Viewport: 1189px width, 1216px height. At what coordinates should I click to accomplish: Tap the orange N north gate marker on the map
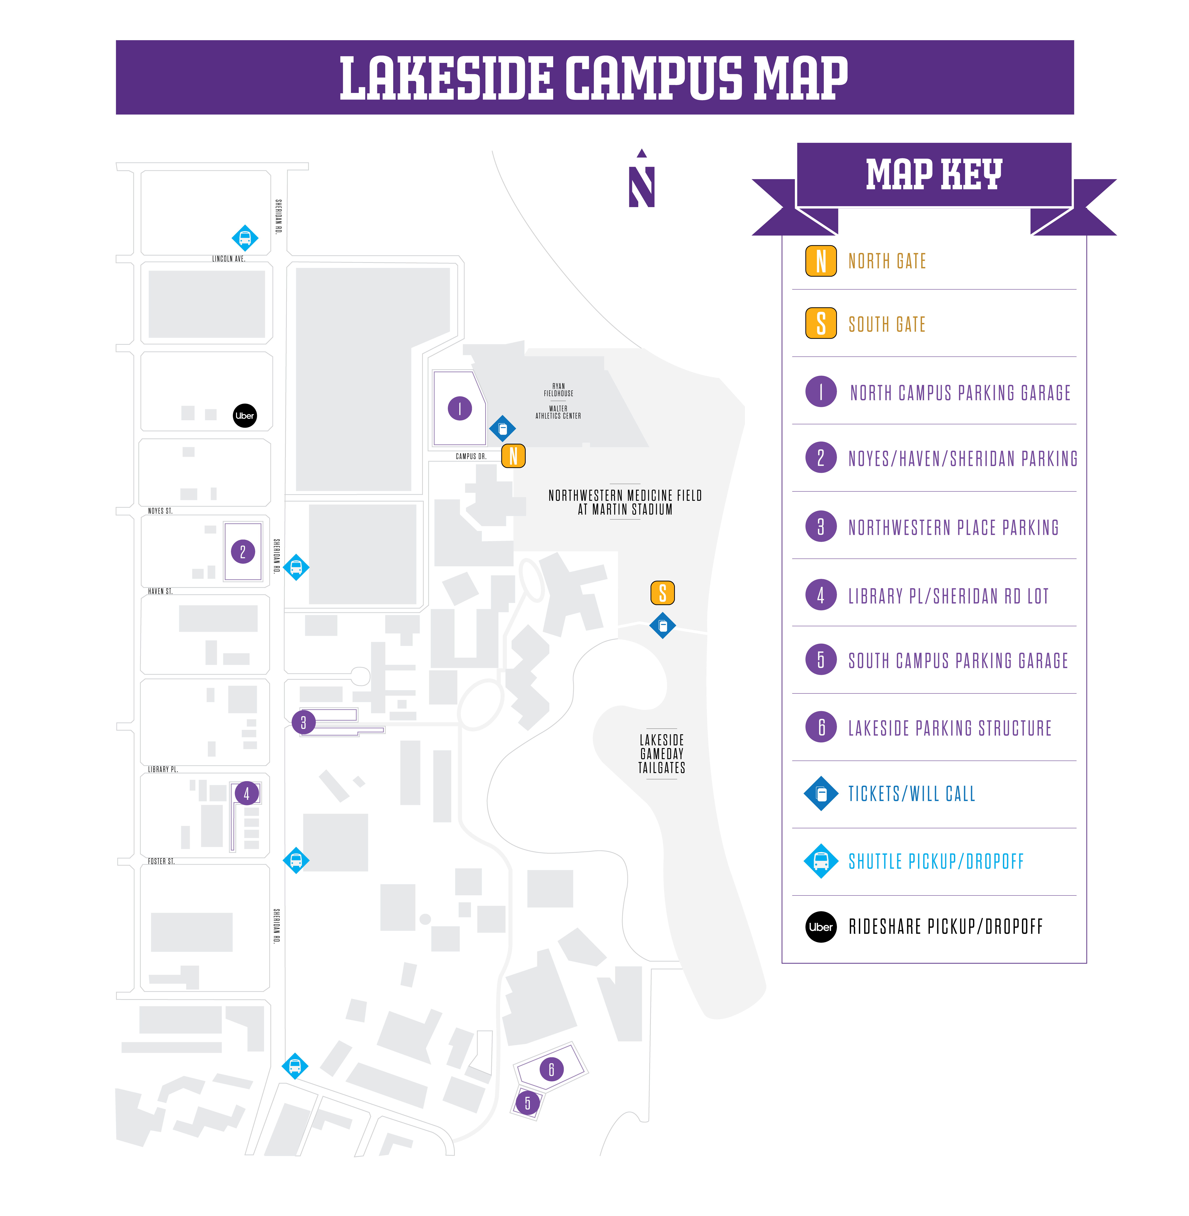pos(513,456)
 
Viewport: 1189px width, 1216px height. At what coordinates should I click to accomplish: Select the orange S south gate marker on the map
pos(662,593)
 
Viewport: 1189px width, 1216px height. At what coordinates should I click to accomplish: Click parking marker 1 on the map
pos(460,408)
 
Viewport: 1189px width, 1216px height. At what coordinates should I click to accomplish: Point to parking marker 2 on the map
pos(243,551)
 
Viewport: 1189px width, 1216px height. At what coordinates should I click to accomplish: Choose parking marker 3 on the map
pos(303,723)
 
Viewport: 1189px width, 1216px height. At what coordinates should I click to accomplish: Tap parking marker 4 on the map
pos(247,794)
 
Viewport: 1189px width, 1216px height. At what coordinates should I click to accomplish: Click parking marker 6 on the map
pos(551,1069)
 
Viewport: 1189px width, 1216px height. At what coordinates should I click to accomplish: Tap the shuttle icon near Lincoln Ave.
pos(245,238)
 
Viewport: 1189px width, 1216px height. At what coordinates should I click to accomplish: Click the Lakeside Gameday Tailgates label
pos(662,754)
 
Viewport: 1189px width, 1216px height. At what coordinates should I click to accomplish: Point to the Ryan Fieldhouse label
pos(558,390)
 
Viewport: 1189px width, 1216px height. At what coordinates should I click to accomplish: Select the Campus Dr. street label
pos(471,456)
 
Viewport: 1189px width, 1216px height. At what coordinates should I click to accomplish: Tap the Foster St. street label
pos(161,861)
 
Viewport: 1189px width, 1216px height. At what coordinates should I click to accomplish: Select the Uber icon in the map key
pos(821,927)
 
